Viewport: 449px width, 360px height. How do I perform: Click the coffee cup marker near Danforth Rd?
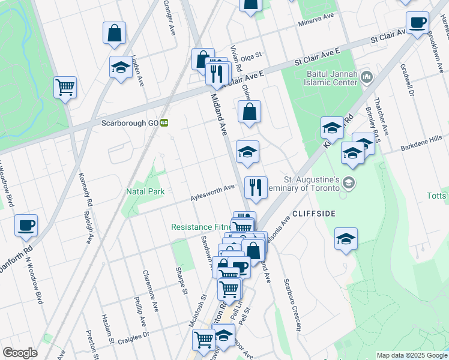click(x=26, y=226)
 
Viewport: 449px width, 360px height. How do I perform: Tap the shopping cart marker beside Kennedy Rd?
click(x=65, y=88)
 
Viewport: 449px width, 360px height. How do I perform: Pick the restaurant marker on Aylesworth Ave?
click(x=256, y=188)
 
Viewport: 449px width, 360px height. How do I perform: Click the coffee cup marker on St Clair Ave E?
click(x=417, y=23)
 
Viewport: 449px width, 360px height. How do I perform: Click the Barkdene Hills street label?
click(x=421, y=138)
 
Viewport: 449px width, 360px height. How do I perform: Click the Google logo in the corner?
click(x=20, y=353)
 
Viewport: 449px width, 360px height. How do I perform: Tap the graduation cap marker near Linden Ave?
click(x=121, y=68)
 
